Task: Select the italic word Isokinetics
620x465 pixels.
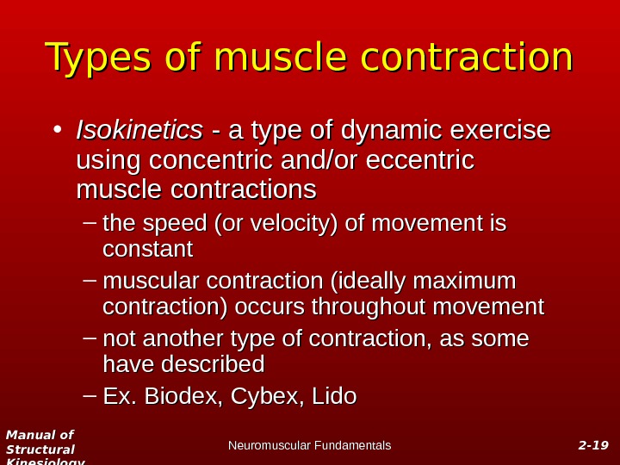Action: tap(139, 131)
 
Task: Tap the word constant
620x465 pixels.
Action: tap(147, 250)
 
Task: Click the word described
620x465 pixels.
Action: tap(214, 364)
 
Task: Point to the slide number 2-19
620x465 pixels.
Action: tap(592, 445)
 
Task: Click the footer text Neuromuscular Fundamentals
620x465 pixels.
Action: tap(309, 445)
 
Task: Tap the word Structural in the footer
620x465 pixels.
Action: tap(40, 449)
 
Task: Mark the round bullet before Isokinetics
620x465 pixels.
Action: tap(56, 132)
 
